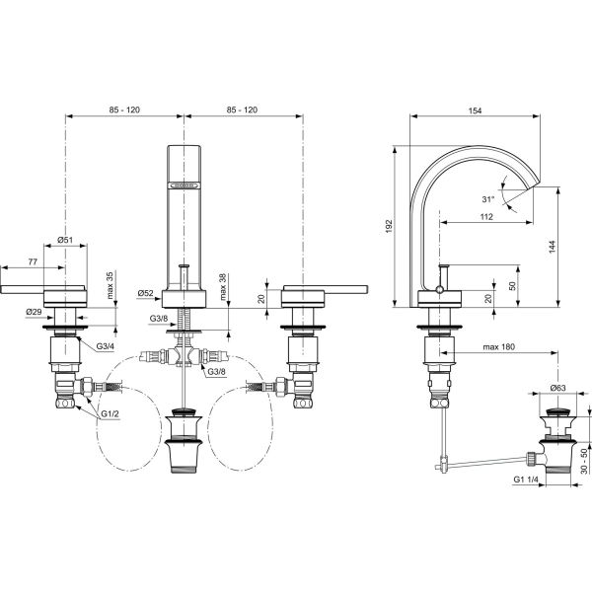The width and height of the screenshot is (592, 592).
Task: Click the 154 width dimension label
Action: (475, 111)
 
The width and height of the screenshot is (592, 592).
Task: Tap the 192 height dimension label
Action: (390, 226)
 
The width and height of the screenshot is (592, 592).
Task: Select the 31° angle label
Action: (487, 199)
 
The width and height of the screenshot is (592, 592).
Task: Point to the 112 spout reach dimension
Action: (486, 217)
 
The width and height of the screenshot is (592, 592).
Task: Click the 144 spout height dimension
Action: (553, 247)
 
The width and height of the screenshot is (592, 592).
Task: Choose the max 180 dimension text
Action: (498, 346)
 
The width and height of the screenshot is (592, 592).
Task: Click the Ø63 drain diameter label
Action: (558, 388)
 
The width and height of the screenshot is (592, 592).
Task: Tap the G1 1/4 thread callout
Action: (526, 480)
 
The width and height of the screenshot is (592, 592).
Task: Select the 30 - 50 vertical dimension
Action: (584, 461)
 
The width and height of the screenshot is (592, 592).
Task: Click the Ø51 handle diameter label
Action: (65, 240)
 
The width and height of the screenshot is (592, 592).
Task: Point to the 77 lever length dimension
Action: (33, 261)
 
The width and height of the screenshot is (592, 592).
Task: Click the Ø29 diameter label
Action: (34, 312)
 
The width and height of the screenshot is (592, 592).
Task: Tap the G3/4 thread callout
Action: (105, 346)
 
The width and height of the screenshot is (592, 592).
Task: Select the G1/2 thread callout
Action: (110, 413)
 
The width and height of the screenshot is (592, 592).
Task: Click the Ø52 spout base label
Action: (146, 293)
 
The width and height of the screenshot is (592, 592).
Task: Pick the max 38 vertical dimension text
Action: (223, 286)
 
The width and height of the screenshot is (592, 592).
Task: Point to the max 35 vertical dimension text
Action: (110, 285)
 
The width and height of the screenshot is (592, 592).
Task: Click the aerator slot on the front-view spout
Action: (184, 185)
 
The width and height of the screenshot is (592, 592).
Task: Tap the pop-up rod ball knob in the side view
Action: (439, 289)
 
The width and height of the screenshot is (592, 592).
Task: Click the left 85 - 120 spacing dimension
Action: (124, 110)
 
